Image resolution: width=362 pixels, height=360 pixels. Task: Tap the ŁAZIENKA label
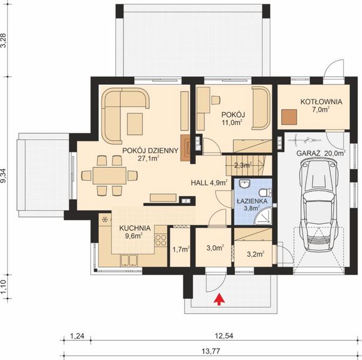click(251, 202)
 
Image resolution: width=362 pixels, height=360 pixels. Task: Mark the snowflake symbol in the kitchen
click(104, 219)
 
